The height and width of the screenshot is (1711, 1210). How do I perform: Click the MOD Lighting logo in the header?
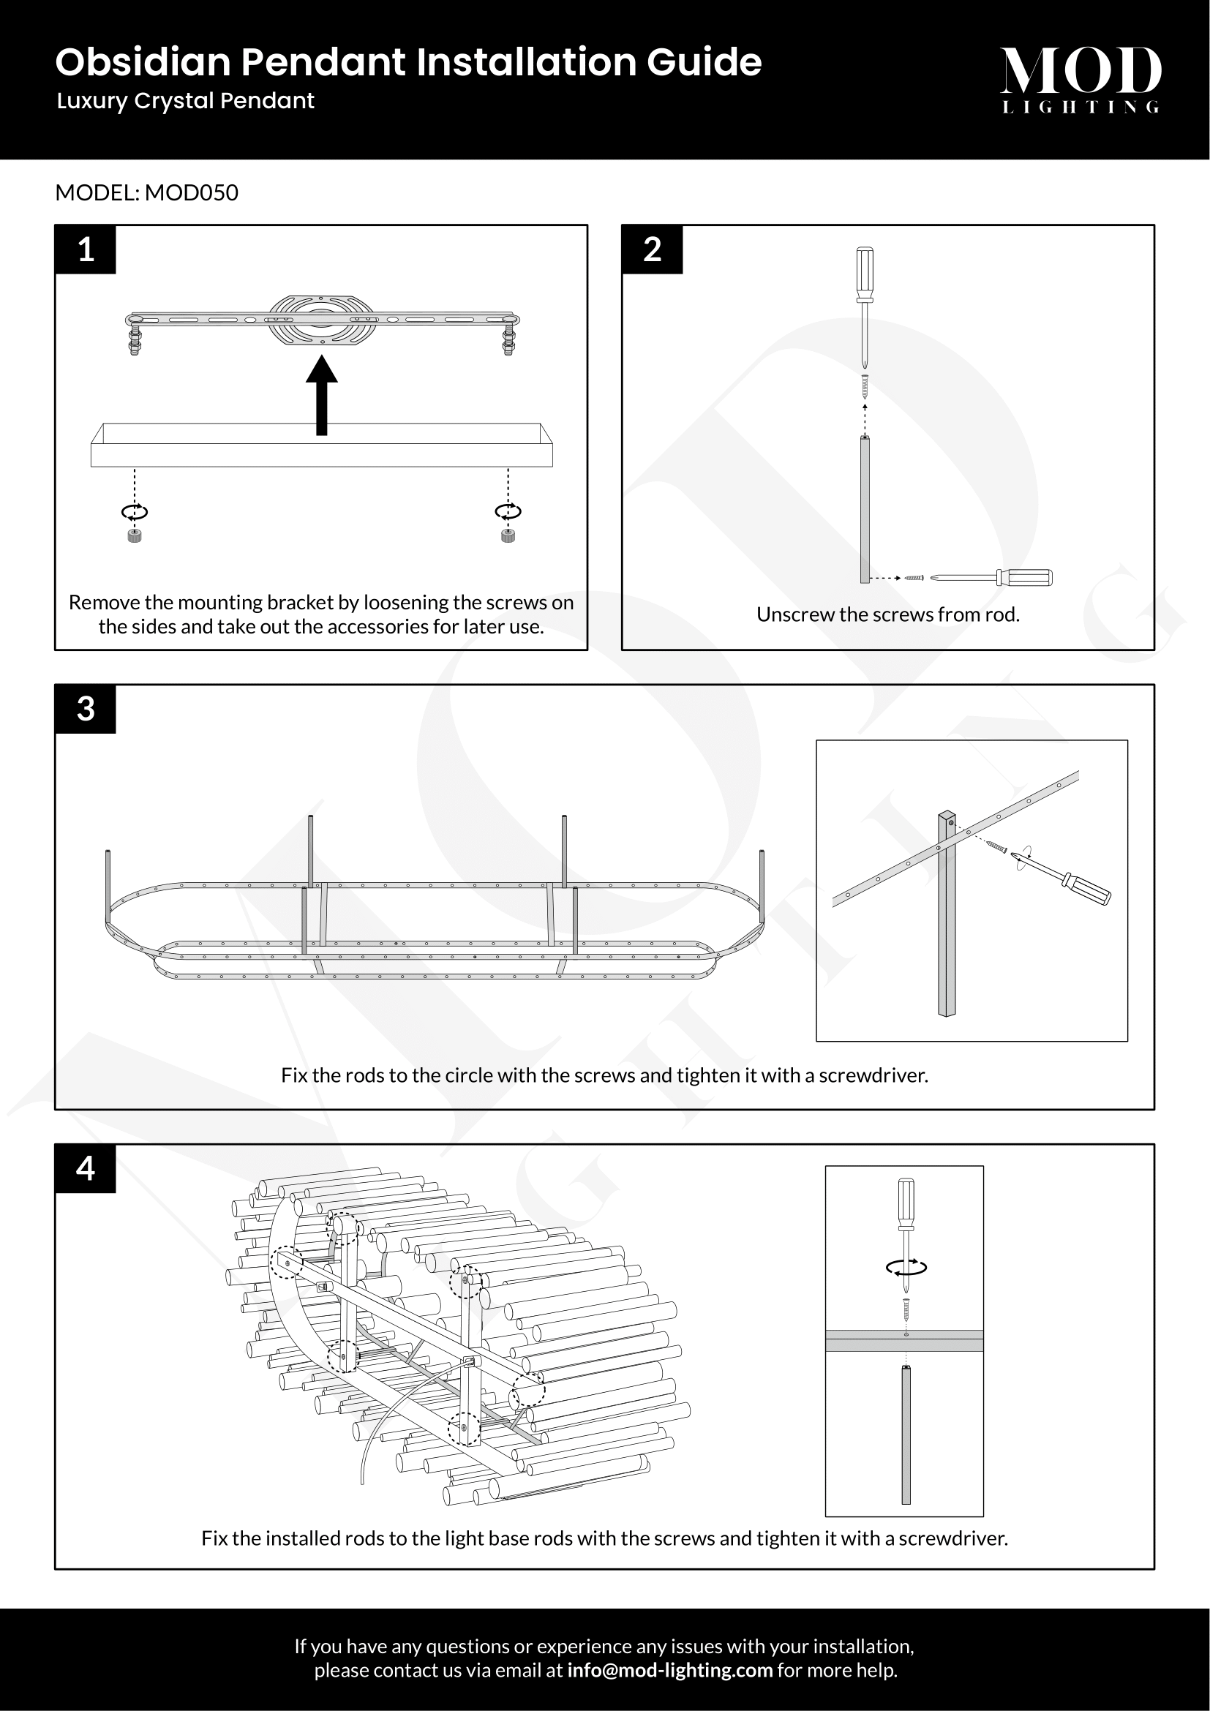coord(1081,79)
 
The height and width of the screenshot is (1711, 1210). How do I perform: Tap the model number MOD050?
coord(192,193)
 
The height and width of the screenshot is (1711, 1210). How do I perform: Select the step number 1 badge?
coord(86,249)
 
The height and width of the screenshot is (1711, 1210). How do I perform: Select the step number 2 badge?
coord(652,249)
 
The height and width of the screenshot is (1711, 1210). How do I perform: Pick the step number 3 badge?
coord(86,709)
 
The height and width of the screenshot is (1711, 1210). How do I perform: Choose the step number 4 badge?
coord(86,1168)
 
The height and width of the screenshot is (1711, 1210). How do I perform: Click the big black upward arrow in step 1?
coord(322,395)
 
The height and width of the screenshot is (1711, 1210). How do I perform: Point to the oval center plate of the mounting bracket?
coord(321,320)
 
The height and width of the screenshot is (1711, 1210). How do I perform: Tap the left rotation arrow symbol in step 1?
coord(135,512)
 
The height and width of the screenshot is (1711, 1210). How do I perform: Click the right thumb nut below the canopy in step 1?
coord(508,535)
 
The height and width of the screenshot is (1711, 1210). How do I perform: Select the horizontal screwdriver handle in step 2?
coord(1026,576)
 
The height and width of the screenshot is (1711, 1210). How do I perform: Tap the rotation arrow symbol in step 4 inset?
coord(906,1268)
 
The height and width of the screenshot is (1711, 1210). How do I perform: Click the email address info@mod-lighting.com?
coord(670,1670)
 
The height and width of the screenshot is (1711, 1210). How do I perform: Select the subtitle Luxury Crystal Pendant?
coord(186,102)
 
